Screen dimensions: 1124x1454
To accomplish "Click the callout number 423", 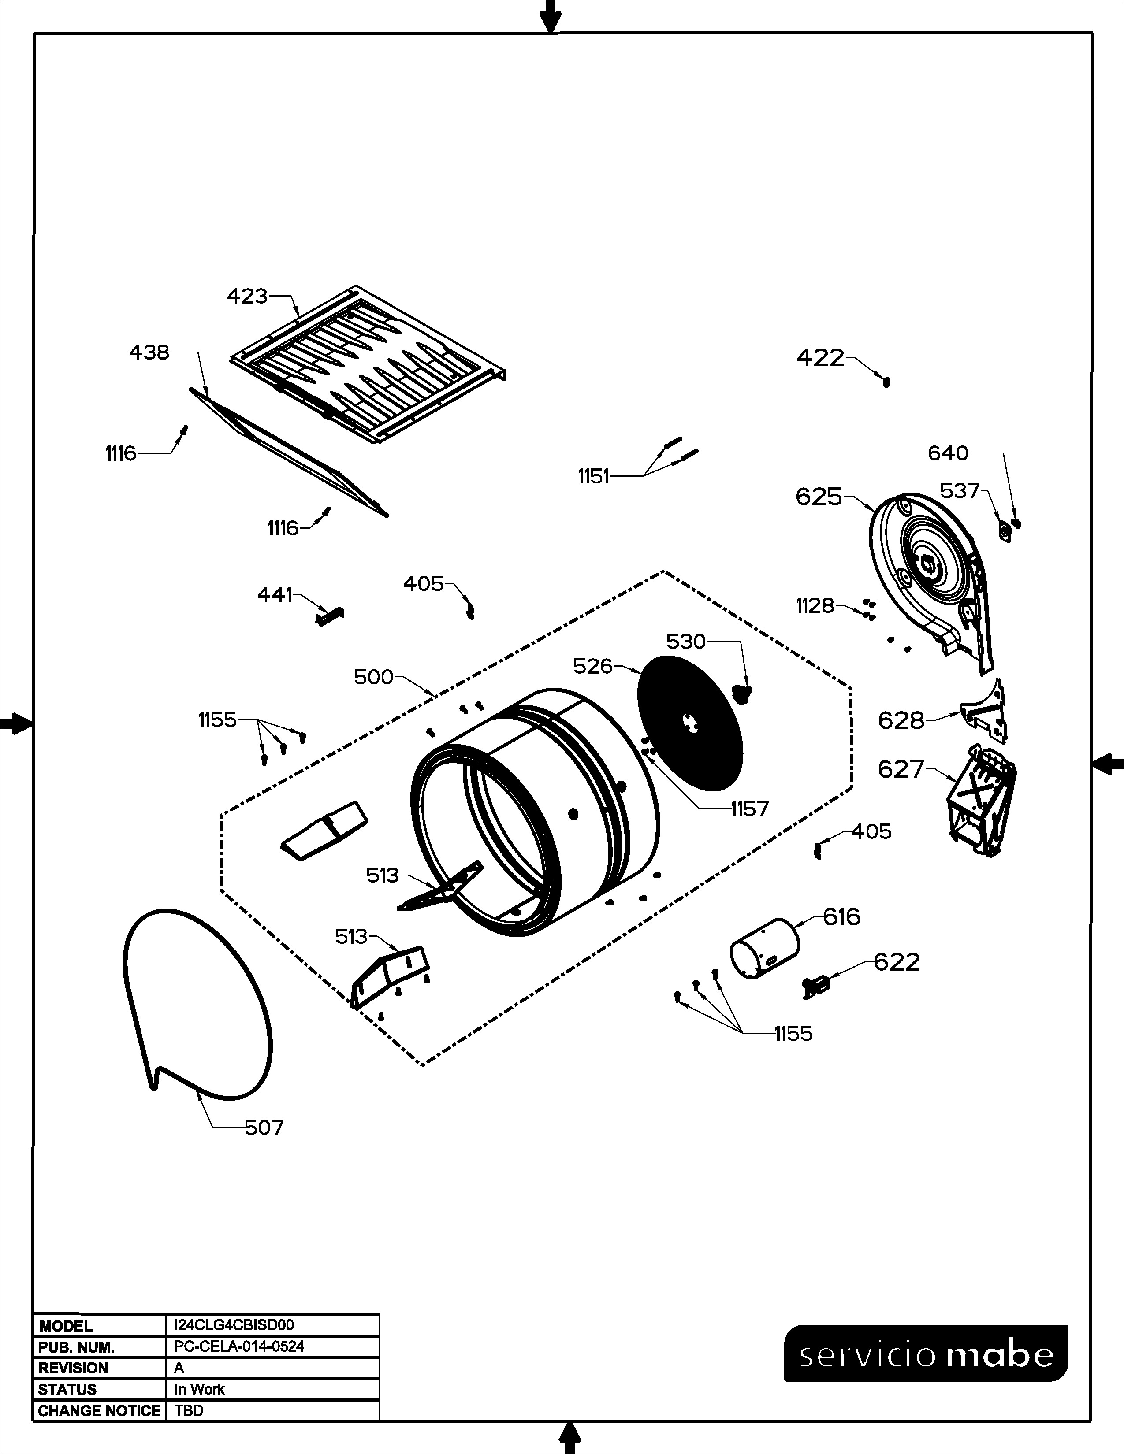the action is click(247, 296).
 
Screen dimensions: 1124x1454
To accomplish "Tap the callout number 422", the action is click(820, 358).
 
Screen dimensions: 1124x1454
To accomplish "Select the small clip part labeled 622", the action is click(816, 986).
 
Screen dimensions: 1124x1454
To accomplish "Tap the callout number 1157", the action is click(750, 809).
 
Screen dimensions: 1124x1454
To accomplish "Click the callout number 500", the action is click(373, 677).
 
